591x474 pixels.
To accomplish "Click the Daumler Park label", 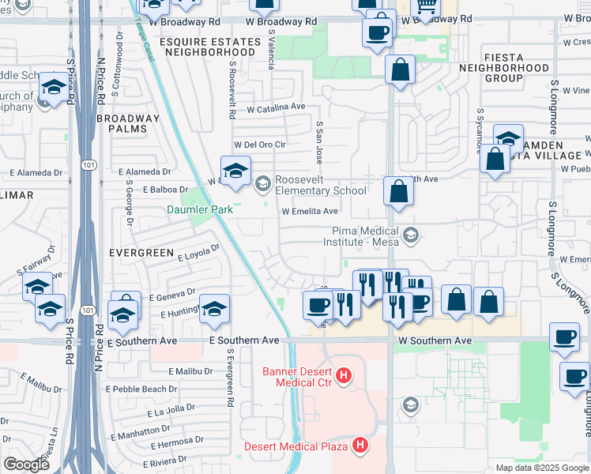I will coord(199,210).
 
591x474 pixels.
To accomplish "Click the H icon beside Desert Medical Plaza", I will coord(360,446).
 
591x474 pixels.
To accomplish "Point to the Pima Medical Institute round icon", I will coord(410,235).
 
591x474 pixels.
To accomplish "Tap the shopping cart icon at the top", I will coord(427,7).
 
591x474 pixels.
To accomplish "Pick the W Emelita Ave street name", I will coord(311,212).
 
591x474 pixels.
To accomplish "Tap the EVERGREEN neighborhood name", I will coord(141,252).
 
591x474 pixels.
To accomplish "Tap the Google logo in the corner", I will coord(27,465).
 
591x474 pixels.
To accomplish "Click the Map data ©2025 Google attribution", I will coord(541,468).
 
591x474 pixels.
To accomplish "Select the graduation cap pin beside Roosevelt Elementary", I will coord(235,172).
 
